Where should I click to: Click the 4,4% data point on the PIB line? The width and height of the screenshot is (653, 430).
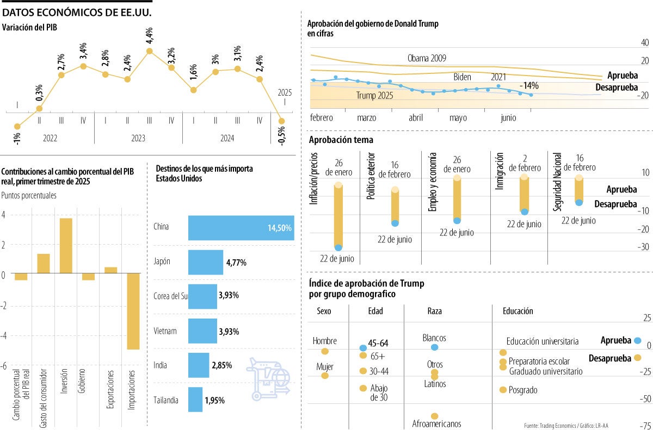150,51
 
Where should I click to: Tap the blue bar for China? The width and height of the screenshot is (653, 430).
241,228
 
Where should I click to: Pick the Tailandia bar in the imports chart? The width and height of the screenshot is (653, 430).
195,400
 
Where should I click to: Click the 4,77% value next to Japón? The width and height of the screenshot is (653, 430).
236,263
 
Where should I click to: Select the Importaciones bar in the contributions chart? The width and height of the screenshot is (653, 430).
133,311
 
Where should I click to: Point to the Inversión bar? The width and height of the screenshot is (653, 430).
65,246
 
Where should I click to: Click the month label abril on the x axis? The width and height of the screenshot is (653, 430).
416,117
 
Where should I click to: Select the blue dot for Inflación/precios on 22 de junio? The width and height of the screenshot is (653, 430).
338,248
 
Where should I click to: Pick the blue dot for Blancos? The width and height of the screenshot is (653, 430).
434,347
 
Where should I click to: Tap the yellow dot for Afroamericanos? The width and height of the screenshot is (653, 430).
434,416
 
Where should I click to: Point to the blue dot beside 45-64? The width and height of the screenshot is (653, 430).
363,347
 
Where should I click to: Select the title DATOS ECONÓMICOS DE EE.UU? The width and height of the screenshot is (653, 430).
77,11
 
